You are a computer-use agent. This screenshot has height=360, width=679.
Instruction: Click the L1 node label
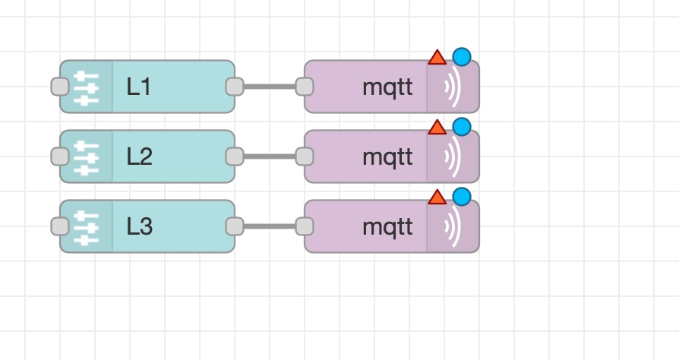pos(139,87)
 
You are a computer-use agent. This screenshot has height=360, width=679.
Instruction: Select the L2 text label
pos(140,157)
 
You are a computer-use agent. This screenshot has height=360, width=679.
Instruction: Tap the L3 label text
pos(140,227)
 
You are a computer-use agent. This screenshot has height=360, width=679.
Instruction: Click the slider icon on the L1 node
pos(87,87)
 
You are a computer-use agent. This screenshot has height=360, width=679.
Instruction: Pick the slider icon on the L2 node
pos(87,157)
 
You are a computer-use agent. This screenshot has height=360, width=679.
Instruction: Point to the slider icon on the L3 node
pos(87,227)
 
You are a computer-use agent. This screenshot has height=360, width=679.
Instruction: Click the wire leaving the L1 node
pos(269,87)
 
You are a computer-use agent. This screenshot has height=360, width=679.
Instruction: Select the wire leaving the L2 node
pos(269,156)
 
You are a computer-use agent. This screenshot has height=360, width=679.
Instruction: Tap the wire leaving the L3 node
pos(269,226)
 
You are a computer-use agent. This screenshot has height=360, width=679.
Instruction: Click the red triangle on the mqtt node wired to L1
pos(437,58)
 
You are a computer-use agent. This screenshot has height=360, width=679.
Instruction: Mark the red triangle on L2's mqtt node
pos(437,127)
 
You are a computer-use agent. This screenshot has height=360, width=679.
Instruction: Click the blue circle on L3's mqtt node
pos(461,197)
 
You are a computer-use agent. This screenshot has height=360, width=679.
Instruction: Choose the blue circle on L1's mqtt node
pos(461,57)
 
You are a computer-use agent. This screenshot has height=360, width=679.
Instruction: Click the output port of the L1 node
pos(235,87)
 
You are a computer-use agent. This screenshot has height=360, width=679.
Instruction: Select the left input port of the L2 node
pos(60,156)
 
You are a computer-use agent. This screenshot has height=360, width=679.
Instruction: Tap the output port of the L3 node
pos(235,226)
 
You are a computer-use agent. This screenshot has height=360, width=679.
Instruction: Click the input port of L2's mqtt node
pos(304,156)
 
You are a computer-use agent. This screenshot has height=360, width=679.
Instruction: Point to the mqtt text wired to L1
pos(387,87)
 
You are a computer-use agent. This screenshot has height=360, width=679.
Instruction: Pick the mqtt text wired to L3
pos(387,227)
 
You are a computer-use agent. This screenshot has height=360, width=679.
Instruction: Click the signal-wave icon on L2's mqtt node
pos(453,157)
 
